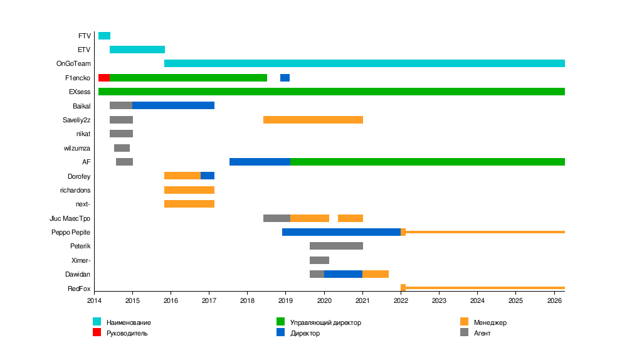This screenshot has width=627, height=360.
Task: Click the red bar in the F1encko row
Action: coord(104,78)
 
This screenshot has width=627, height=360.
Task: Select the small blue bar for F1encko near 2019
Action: coord(285,78)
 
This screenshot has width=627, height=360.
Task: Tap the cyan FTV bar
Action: coord(104,36)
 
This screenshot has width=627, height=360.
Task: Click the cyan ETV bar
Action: coord(137,50)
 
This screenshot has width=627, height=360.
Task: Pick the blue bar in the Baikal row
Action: coord(173,105)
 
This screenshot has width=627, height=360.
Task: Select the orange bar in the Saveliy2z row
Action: coord(313,120)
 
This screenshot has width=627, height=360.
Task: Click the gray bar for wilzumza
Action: coord(122,148)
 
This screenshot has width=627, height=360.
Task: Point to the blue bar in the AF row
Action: coord(260,162)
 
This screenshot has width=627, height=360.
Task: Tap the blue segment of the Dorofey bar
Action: coord(208,176)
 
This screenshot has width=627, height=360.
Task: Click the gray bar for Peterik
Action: coord(336,246)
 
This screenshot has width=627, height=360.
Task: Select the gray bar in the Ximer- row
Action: coord(319,260)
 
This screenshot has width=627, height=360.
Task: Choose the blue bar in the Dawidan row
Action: coord(343,274)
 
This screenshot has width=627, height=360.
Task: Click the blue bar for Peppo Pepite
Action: coord(341,232)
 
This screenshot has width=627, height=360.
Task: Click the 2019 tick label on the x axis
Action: coord(286,301)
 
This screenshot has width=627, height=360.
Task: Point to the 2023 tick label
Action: coord(440,301)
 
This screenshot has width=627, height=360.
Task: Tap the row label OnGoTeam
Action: coord(73,63)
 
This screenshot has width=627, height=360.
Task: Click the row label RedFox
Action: coord(79,289)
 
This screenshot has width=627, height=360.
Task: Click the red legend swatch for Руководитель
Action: coord(97,332)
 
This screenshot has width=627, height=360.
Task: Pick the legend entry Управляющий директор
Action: coord(325,322)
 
